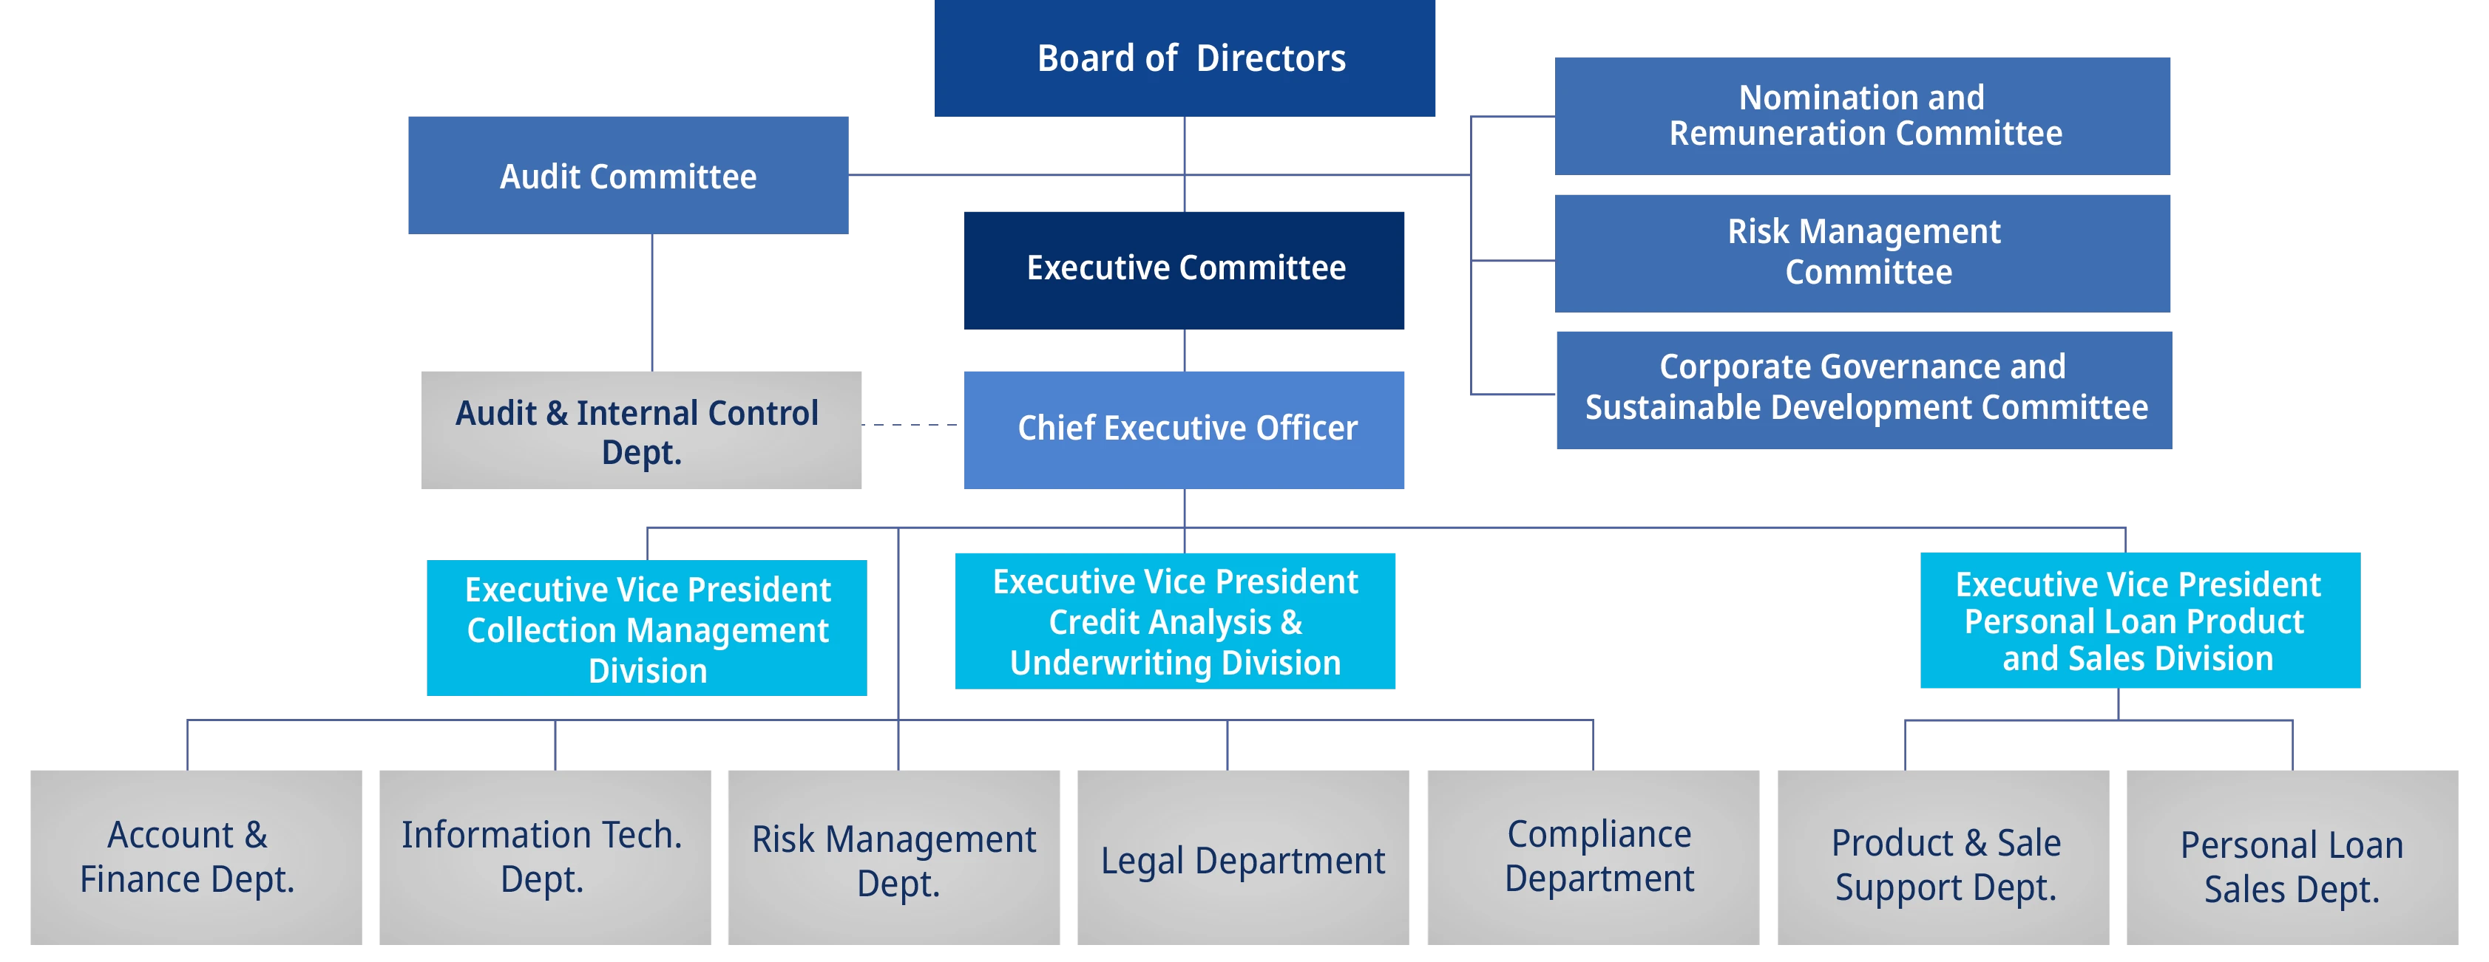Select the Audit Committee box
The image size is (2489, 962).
pos(629,175)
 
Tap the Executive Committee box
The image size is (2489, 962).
pos(1185,268)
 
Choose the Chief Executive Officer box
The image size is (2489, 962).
pos(1185,428)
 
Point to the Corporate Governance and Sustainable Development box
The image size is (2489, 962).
pos(1865,389)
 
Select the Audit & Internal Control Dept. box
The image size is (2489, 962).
pos(642,428)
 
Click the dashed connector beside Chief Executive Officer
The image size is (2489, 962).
pos(913,422)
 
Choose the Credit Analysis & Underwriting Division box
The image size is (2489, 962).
pos(1174,621)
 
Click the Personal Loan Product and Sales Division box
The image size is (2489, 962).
pos(2140,621)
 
